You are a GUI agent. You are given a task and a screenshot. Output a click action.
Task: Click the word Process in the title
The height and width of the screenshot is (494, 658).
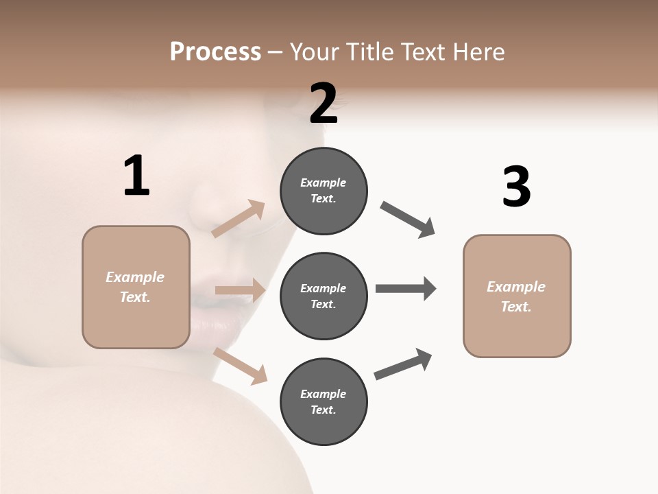[215, 52]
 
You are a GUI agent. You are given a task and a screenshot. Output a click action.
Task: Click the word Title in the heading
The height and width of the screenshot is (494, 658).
[369, 52]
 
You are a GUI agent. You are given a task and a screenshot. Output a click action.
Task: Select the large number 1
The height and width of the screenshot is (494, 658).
[136, 176]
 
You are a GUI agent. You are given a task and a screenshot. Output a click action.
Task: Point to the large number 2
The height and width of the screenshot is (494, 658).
[324, 104]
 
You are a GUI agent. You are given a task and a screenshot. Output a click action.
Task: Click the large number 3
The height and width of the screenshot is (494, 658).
[516, 187]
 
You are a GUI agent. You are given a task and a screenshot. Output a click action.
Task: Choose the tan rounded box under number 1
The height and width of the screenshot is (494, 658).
[136, 287]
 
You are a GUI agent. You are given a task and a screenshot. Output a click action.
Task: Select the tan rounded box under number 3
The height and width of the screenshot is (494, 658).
[517, 296]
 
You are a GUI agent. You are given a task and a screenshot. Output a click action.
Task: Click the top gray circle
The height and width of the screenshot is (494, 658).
[324, 191]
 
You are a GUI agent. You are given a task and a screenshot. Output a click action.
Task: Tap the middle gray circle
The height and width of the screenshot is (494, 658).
[324, 296]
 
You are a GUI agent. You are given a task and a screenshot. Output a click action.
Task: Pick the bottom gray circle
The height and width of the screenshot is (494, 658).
[324, 402]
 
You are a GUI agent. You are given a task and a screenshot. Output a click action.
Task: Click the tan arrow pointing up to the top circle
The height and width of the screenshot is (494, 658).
[239, 219]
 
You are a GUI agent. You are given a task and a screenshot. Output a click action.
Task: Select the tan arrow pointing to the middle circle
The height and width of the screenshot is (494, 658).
[240, 290]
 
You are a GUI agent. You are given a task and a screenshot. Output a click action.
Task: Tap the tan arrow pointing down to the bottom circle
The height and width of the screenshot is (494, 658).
[240, 366]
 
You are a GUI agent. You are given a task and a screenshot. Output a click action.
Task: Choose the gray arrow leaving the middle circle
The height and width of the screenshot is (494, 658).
[406, 289]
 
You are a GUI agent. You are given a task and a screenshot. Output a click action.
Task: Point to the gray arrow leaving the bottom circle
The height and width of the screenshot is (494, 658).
[403, 364]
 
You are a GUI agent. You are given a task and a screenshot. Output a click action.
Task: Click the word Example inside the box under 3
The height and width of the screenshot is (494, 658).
[516, 287]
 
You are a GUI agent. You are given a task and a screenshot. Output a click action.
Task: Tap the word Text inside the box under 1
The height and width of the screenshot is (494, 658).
[134, 297]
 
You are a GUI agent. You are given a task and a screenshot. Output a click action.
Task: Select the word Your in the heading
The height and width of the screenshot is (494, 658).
[314, 52]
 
